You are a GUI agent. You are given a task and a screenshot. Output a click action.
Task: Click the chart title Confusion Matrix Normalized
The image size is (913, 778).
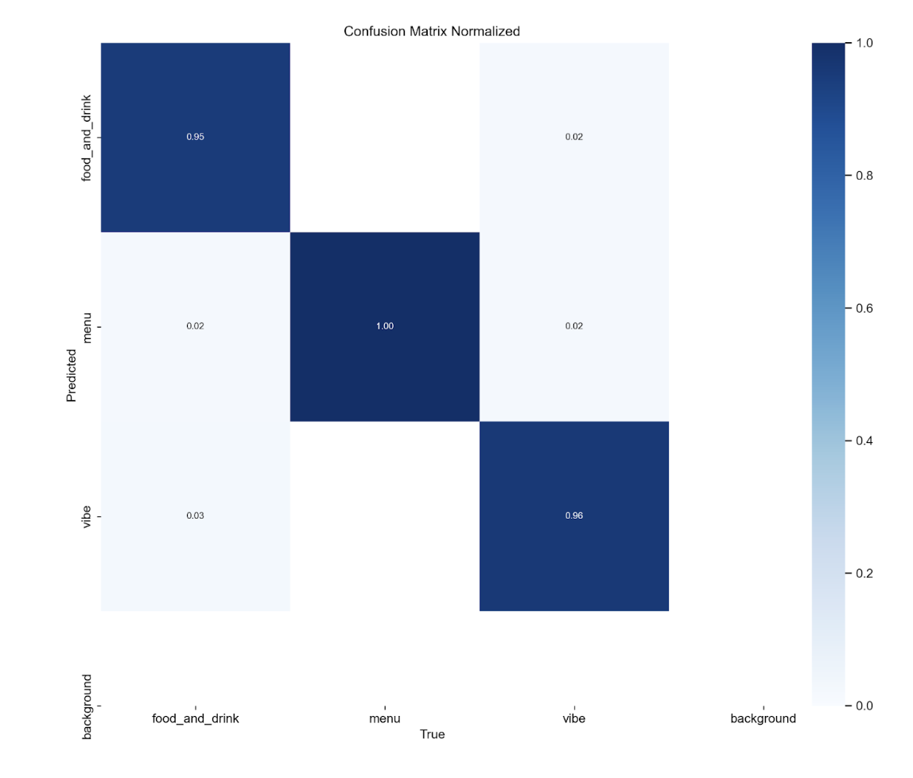[x=432, y=32]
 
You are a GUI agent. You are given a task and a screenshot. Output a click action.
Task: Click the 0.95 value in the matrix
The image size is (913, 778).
[x=195, y=137]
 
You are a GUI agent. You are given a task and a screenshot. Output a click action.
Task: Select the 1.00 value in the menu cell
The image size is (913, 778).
[x=385, y=326]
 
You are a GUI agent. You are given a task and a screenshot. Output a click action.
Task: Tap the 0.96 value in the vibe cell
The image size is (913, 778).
[x=574, y=515]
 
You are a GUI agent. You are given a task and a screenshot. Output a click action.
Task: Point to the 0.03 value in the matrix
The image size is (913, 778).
[x=195, y=515]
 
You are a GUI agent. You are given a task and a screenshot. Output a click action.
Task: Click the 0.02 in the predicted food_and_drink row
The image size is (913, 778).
[x=574, y=137]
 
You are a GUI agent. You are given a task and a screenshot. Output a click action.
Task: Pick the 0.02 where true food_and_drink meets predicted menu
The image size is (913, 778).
[x=195, y=326]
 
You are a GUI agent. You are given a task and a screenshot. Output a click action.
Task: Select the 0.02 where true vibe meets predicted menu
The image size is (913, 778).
[x=574, y=326]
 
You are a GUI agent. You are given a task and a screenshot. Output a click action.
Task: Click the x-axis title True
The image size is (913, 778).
[x=432, y=734]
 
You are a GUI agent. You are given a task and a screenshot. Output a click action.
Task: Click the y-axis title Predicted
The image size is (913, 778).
[x=72, y=375]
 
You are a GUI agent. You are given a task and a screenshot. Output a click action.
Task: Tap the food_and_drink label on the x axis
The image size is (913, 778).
[x=195, y=718]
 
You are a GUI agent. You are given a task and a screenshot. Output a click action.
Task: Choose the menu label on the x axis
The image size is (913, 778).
[x=385, y=718]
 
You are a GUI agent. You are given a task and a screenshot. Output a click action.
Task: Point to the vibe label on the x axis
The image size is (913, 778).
[x=574, y=718]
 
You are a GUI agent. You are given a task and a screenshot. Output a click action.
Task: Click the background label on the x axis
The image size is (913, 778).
[x=763, y=718]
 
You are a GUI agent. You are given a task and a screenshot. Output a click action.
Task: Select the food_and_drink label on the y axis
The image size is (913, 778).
[x=87, y=137]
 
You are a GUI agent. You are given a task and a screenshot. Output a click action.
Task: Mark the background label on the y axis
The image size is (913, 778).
[x=87, y=706]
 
